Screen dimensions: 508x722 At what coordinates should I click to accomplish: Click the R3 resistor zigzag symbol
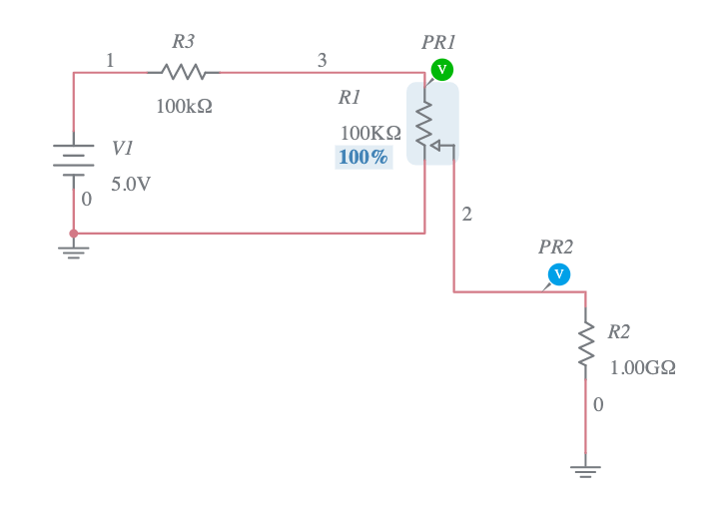click(184, 72)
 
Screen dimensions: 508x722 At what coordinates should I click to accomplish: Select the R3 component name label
click(183, 42)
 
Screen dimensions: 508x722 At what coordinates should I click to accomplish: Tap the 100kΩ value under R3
click(184, 105)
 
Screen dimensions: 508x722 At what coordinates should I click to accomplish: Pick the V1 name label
click(122, 148)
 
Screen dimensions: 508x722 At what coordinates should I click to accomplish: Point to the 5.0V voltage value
click(130, 185)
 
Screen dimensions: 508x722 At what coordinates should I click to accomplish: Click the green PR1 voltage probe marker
click(441, 69)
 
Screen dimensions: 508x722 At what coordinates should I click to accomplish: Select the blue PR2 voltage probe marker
click(559, 274)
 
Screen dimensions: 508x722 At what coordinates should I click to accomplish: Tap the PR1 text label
click(438, 43)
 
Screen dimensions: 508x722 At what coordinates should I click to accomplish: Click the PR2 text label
click(556, 247)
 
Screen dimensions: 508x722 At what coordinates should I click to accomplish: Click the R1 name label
click(350, 98)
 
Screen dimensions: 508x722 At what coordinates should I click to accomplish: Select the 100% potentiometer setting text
click(363, 157)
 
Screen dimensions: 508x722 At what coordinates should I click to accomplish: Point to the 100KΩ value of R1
click(370, 133)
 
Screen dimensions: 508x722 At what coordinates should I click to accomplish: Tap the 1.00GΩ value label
click(642, 367)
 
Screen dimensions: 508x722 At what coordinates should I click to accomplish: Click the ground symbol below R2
click(586, 469)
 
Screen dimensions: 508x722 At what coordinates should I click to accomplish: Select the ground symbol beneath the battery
click(74, 250)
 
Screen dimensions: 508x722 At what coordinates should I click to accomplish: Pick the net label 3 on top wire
click(322, 61)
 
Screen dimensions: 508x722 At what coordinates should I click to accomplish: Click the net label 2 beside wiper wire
click(466, 214)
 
